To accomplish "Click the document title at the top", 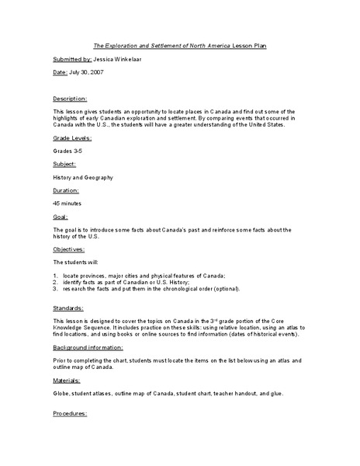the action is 180,46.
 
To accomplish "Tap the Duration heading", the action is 67,189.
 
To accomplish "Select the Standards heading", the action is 69,308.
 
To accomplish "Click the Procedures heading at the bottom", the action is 71,414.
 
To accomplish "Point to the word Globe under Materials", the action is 61,395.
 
